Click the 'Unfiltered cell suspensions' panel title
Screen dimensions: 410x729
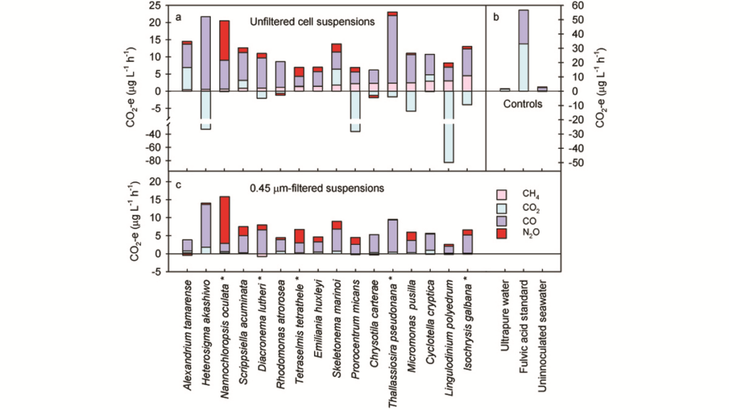click(x=312, y=22)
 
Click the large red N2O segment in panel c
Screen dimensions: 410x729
click(x=224, y=220)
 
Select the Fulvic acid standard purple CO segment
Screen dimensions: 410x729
click(x=523, y=26)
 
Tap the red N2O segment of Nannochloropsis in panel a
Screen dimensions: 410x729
click(x=224, y=40)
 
